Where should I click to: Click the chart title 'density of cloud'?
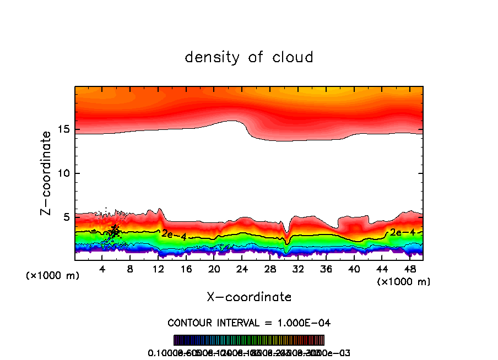[x=248, y=57]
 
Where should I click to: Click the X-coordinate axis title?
[x=249, y=297]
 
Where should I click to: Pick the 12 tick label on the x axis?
[x=158, y=269]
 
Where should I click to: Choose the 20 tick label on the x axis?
[x=214, y=269]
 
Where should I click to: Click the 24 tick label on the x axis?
[x=242, y=269]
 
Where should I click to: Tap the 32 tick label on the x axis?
[x=298, y=269]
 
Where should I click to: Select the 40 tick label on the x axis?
[x=354, y=269]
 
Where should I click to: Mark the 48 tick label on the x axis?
[x=409, y=269]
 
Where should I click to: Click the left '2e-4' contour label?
[x=174, y=234]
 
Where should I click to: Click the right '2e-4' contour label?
[x=402, y=232]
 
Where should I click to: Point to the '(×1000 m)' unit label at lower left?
[x=53, y=276]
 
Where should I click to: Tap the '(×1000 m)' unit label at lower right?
[x=403, y=282]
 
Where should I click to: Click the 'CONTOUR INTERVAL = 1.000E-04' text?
[x=249, y=323]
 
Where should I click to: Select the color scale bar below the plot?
[x=249, y=340]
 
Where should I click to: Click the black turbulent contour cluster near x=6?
[x=114, y=231]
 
